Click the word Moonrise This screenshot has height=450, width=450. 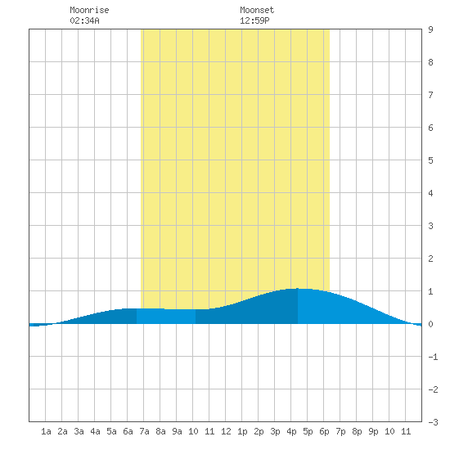[x=89, y=10]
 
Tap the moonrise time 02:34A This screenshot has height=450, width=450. [x=84, y=20]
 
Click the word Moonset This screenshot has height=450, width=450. [x=257, y=10]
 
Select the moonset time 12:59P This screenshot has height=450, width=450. [x=254, y=20]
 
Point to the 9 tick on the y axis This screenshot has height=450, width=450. [x=430, y=29]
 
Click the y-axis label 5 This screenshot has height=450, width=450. [x=430, y=160]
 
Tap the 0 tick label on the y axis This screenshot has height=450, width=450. [x=430, y=324]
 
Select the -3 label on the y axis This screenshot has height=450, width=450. [x=433, y=422]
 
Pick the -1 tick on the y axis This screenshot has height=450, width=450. [x=433, y=357]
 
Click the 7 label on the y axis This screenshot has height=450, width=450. [x=430, y=95]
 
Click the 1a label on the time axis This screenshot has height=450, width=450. [x=46, y=431]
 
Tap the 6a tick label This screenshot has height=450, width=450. [x=128, y=431]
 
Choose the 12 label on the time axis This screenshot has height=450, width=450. [x=226, y=431]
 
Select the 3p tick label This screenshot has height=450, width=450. [x=275, y=431]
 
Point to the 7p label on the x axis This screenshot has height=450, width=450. [x=340, y=431]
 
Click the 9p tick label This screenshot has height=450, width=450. [x=373, y=431]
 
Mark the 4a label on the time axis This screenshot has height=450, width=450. [x=95, y=431]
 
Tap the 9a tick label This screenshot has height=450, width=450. [x=177, y=431]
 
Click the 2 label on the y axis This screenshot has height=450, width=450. [x=430, y=259]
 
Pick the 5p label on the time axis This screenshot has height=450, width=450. [x=308, y=431]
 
